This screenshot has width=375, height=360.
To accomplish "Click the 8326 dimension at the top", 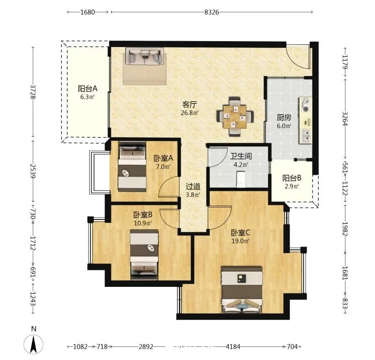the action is pos(211,12).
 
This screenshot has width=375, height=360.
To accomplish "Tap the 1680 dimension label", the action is pos(88,12).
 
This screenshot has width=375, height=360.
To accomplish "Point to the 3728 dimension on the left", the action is pos(33,92).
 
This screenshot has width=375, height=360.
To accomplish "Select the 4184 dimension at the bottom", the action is pos(233,346).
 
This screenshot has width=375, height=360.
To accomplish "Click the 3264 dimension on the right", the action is pos(344,118).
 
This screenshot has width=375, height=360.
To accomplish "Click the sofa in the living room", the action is pos(145,56).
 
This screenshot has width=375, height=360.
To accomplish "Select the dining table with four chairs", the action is pos(235,116).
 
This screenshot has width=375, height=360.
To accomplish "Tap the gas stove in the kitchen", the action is pos(305,105).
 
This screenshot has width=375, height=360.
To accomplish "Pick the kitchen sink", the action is pos(306,136).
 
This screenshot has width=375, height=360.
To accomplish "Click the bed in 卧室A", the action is pos(132,167).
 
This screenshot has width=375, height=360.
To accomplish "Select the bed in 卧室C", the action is pos(242,290).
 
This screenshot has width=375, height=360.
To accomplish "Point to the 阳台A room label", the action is pos(88,89).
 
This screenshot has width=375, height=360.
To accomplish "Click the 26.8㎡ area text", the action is pos(189,113).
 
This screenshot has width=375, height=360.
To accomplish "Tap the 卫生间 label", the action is pos(241,156).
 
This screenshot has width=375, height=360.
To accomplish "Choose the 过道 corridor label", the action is pos(193,186).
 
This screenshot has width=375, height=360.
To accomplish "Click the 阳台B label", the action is pos(292,178).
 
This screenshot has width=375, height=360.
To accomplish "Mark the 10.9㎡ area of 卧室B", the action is pos(143,223).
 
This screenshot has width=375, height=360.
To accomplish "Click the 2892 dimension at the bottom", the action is pos(146,346).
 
